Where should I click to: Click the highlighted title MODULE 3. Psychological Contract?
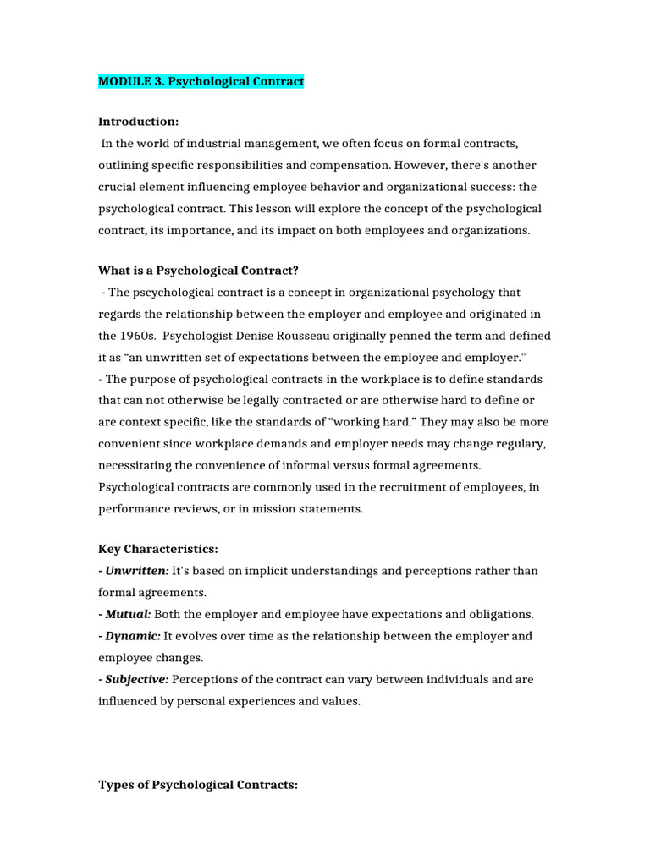(x=201, y=81)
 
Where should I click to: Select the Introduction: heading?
(x=138, y=122)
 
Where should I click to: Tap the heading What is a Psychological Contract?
(x=199, y=271)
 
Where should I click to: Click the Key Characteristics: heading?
(x=157, y=549)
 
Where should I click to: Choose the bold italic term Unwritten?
(x=134, y=571)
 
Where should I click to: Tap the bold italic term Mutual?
(x=127, y=614)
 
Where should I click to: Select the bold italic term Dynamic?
(x=132, y=636)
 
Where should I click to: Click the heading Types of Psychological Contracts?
(x=198, y=785)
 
